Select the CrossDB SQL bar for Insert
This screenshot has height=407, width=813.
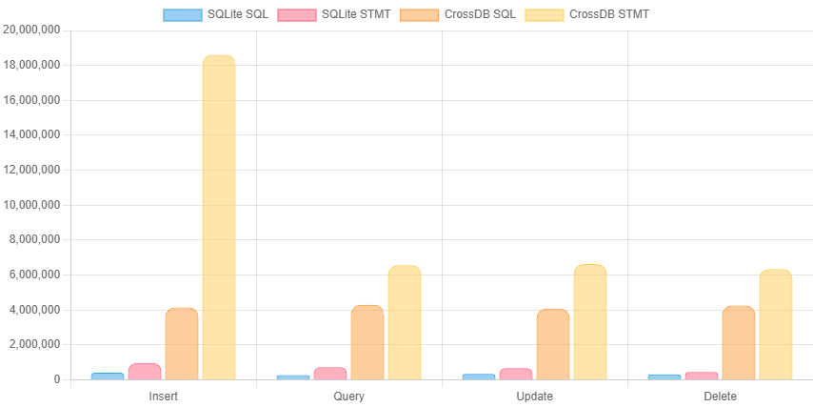click(182, 343)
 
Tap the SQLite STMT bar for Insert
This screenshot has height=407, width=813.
click(145, 371)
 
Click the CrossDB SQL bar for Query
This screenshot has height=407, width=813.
click(367, 342)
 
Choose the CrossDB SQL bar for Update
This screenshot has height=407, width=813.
click(553, 344)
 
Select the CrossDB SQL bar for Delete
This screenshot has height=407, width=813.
click(739, 342)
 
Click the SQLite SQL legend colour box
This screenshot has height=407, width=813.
click(182, 14)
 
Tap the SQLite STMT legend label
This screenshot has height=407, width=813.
click(356, 14)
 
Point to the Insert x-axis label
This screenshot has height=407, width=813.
click(164, 396)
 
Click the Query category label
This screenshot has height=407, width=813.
click(349, 396)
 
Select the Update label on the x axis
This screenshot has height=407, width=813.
click(534, 396)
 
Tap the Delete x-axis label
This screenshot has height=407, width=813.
click(720, 396)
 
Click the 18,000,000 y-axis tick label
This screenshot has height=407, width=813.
click(32, 65)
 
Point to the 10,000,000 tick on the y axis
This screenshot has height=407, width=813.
click(32, 205)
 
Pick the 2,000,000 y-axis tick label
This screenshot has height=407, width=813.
click(35, 344)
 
